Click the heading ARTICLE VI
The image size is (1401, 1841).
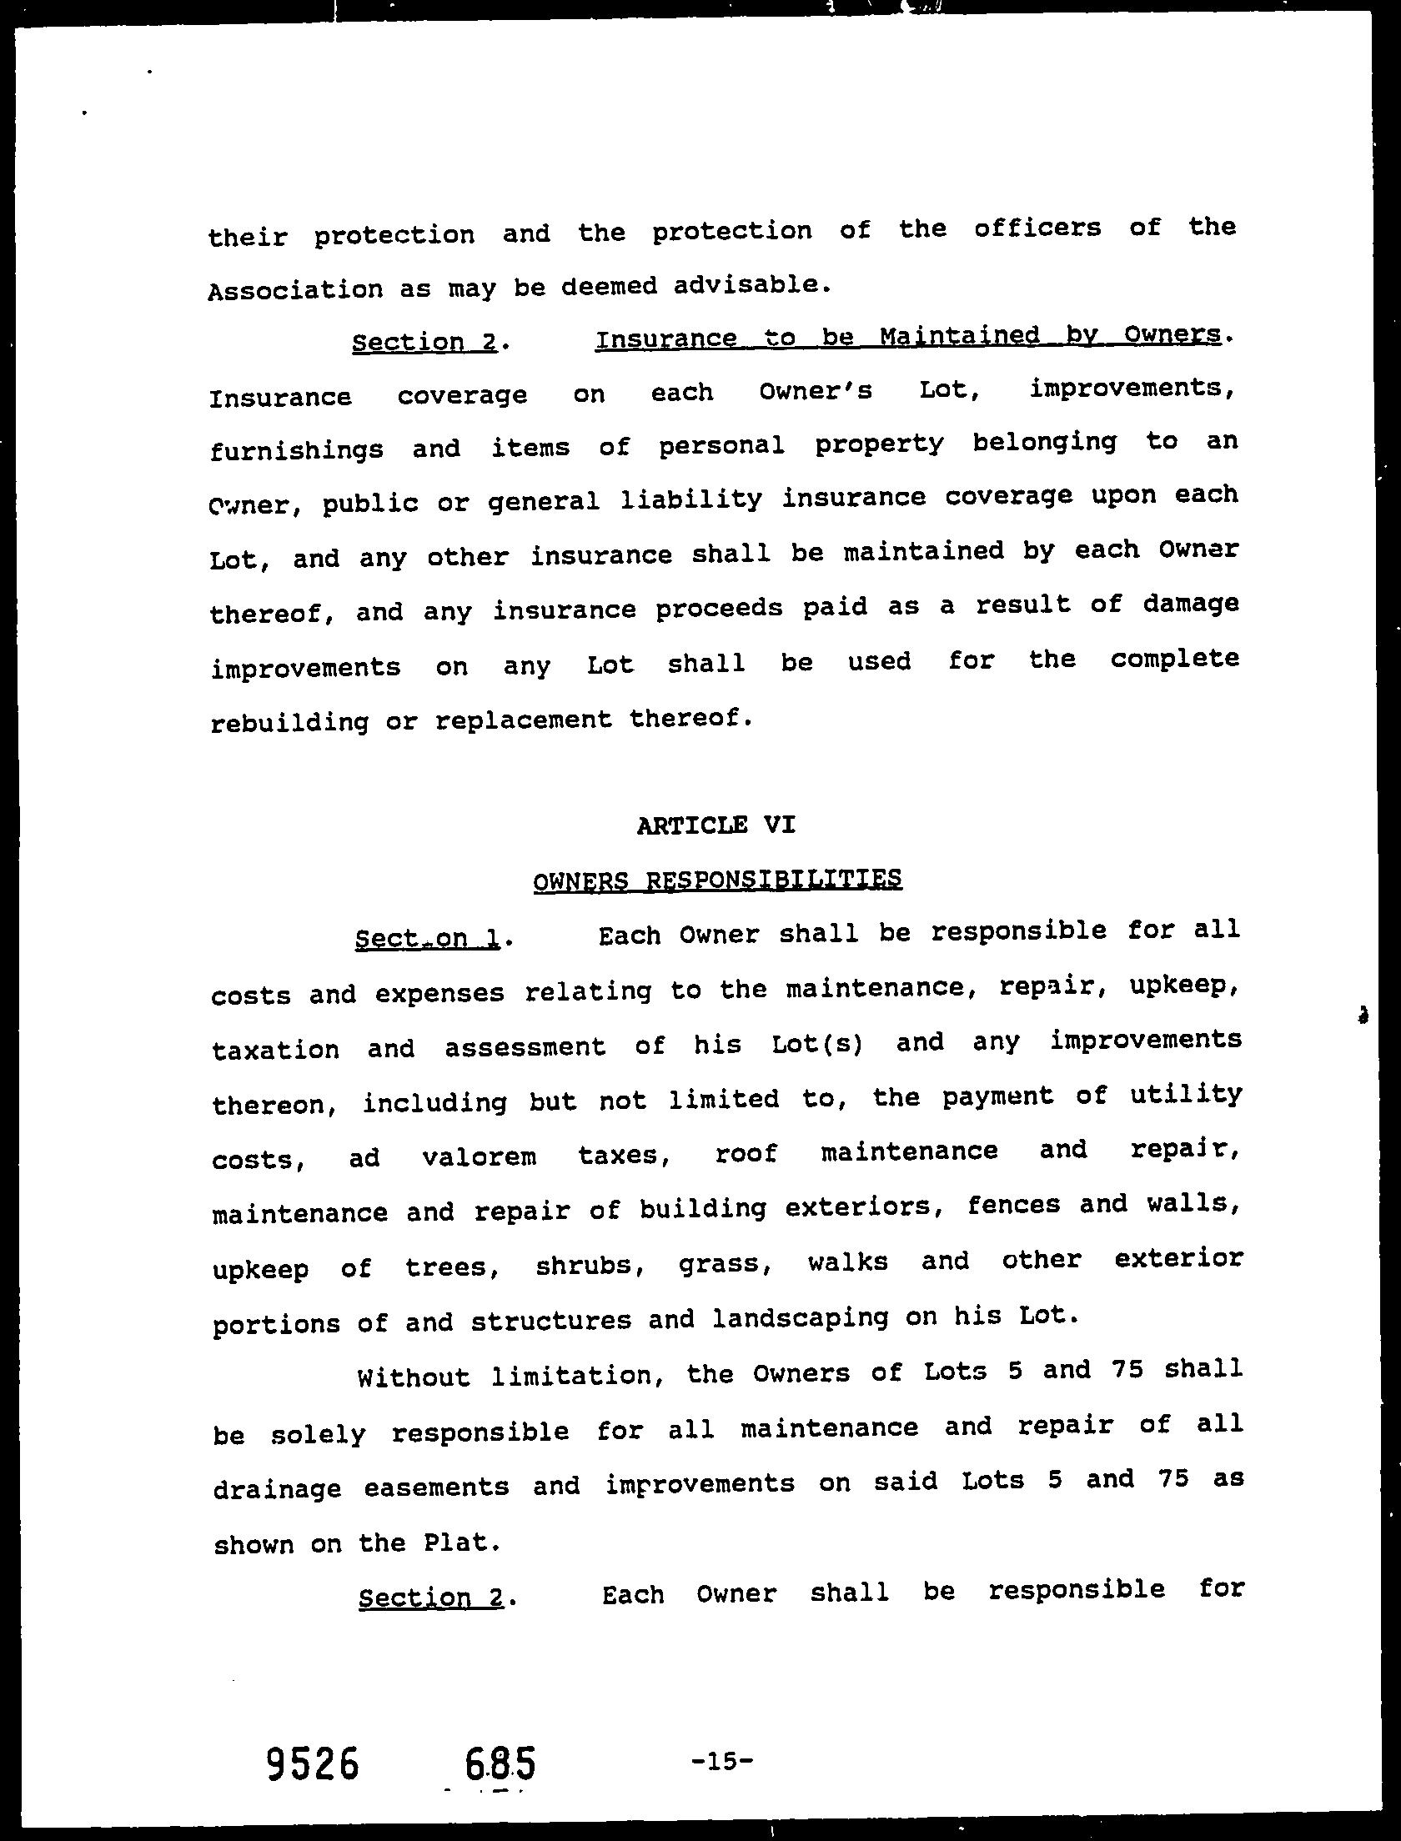(716, 825)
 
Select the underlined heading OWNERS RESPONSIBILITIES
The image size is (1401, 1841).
(716, 880)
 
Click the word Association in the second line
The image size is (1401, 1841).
(295, 290)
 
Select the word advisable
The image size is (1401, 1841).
(751, 285)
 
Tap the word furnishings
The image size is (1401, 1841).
(296, 450)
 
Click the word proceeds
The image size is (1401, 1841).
(719, 609)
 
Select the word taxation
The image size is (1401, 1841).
(275, 1049)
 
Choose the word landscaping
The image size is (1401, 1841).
(801, 1319)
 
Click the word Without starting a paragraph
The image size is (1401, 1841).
(414, 1376)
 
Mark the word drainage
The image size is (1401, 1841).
(277, 1488)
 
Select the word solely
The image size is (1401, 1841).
(318, 1434)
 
